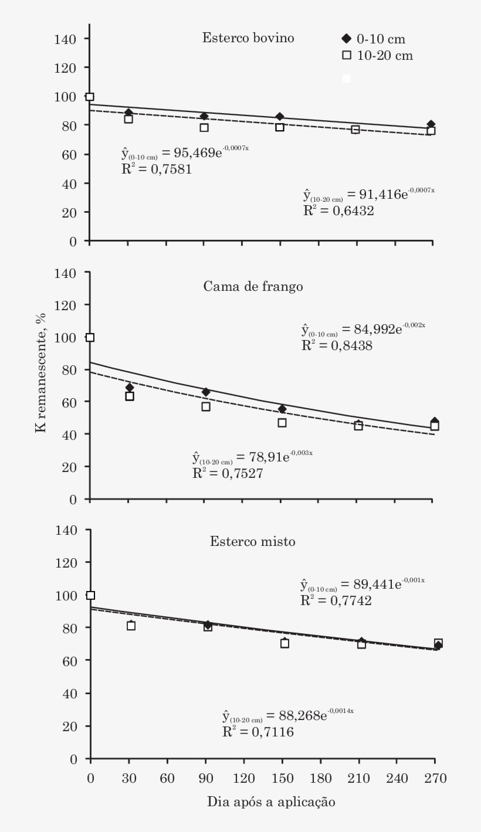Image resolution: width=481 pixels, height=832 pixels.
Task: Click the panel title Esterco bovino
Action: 248,39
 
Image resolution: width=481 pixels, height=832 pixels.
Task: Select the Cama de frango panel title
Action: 253,287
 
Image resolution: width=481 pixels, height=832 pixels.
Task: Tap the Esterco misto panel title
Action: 253,542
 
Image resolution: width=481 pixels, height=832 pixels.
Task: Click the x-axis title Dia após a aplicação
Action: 271,802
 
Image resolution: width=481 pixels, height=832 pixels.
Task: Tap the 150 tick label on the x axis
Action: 282,779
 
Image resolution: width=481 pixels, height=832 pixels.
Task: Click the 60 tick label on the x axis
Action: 168,779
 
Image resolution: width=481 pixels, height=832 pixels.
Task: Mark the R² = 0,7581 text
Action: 157,169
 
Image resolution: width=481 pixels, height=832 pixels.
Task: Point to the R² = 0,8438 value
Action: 337,345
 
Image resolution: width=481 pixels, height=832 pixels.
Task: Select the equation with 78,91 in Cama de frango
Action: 252,457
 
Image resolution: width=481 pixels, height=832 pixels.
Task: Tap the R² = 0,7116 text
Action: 258,732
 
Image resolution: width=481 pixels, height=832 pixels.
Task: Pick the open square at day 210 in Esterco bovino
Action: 355,130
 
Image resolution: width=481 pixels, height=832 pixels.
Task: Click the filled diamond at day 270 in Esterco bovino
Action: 431,124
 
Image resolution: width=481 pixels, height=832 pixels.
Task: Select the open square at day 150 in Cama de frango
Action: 282,423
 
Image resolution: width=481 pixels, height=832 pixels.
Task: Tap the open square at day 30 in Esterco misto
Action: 131,626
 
